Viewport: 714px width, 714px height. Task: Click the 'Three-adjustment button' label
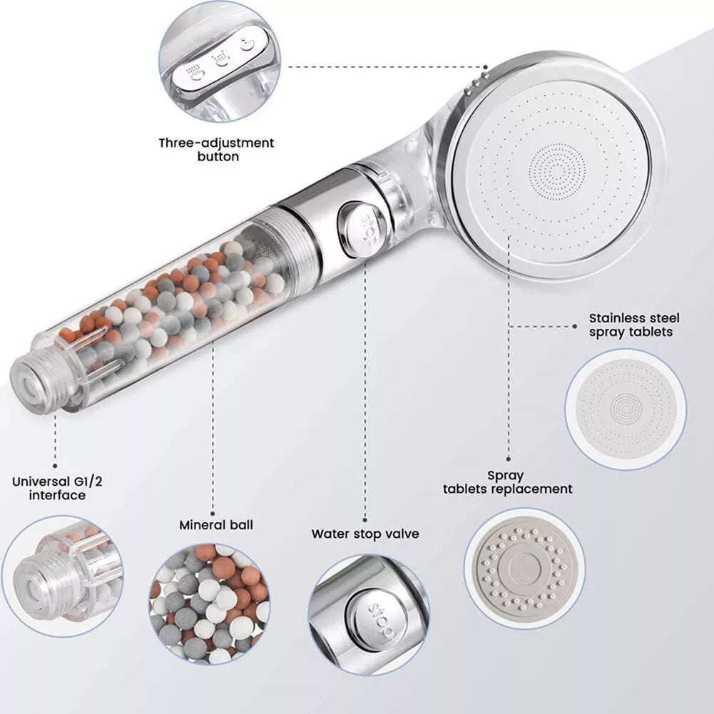point(216,149)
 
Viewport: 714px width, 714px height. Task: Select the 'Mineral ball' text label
point(215,525)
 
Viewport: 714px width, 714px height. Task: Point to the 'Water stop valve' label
point(365,534)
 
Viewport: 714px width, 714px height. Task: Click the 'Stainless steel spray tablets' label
point(634,325)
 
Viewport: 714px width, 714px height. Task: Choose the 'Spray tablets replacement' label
point(507,482)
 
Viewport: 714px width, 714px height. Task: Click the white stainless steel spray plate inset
point(626,409)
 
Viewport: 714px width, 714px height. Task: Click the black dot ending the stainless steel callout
point(575,326)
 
